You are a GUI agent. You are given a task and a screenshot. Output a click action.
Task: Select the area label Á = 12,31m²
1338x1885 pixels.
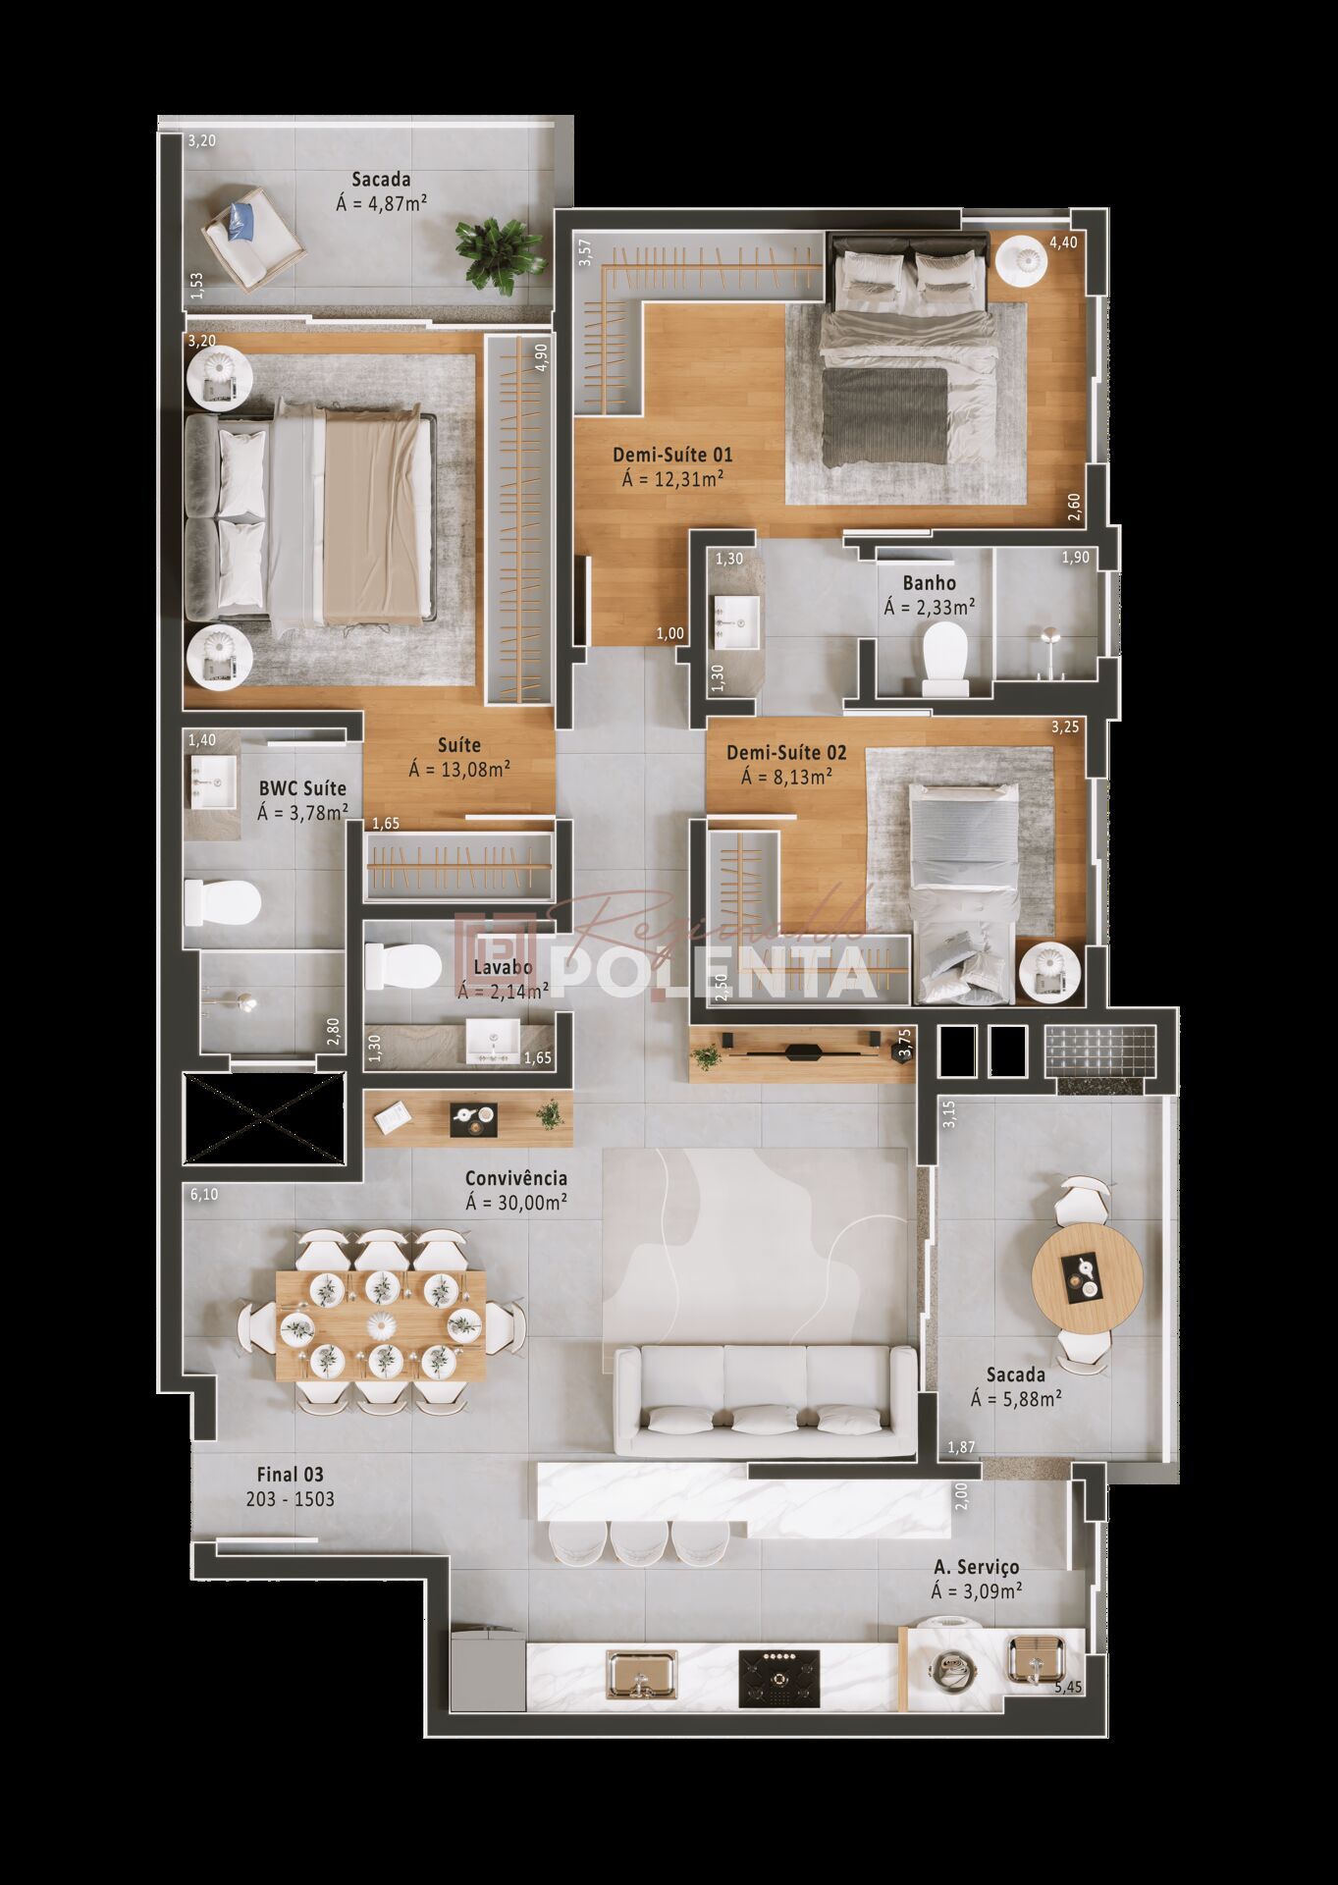tap(672, 479)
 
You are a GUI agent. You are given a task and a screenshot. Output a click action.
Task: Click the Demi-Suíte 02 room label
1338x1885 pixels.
tap(785, 753)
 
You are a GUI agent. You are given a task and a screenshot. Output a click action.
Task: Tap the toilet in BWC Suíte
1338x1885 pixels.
tap(223, 901)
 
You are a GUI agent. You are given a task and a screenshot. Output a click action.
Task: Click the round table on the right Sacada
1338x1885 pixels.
tap(1087, 1276)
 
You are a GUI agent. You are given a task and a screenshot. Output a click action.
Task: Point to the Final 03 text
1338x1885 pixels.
tap(290, 1475)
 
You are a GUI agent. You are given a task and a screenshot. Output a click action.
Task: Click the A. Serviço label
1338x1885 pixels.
tap(976, 1567)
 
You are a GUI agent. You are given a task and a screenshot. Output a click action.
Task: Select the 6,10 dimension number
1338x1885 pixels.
tap(202, 1195)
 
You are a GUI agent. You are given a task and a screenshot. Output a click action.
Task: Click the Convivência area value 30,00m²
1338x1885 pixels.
tap(516, 1201)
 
